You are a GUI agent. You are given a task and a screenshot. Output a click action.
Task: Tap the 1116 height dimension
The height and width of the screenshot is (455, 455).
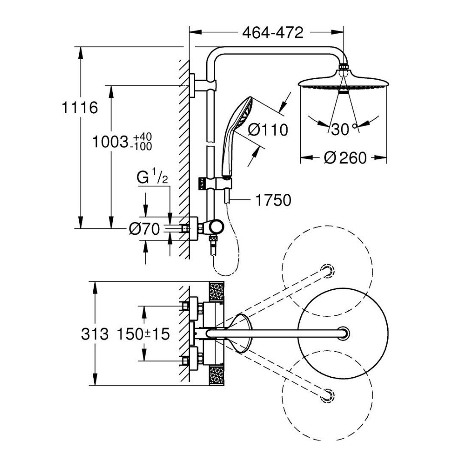point(80,108)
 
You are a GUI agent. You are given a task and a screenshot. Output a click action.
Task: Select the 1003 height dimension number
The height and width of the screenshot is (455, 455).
point(109,142)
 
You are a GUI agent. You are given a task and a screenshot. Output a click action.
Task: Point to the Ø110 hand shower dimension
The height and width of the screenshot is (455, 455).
point(268,130)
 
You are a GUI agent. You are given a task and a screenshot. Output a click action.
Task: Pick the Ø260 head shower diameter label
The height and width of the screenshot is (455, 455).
point(345,158)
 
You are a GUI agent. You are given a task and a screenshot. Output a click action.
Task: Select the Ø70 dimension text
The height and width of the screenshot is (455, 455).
point(144,230)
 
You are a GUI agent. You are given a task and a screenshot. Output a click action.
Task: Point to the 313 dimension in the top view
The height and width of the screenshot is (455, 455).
point(95,334)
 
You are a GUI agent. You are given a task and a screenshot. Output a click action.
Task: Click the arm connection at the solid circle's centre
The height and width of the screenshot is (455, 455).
point(344,333)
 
